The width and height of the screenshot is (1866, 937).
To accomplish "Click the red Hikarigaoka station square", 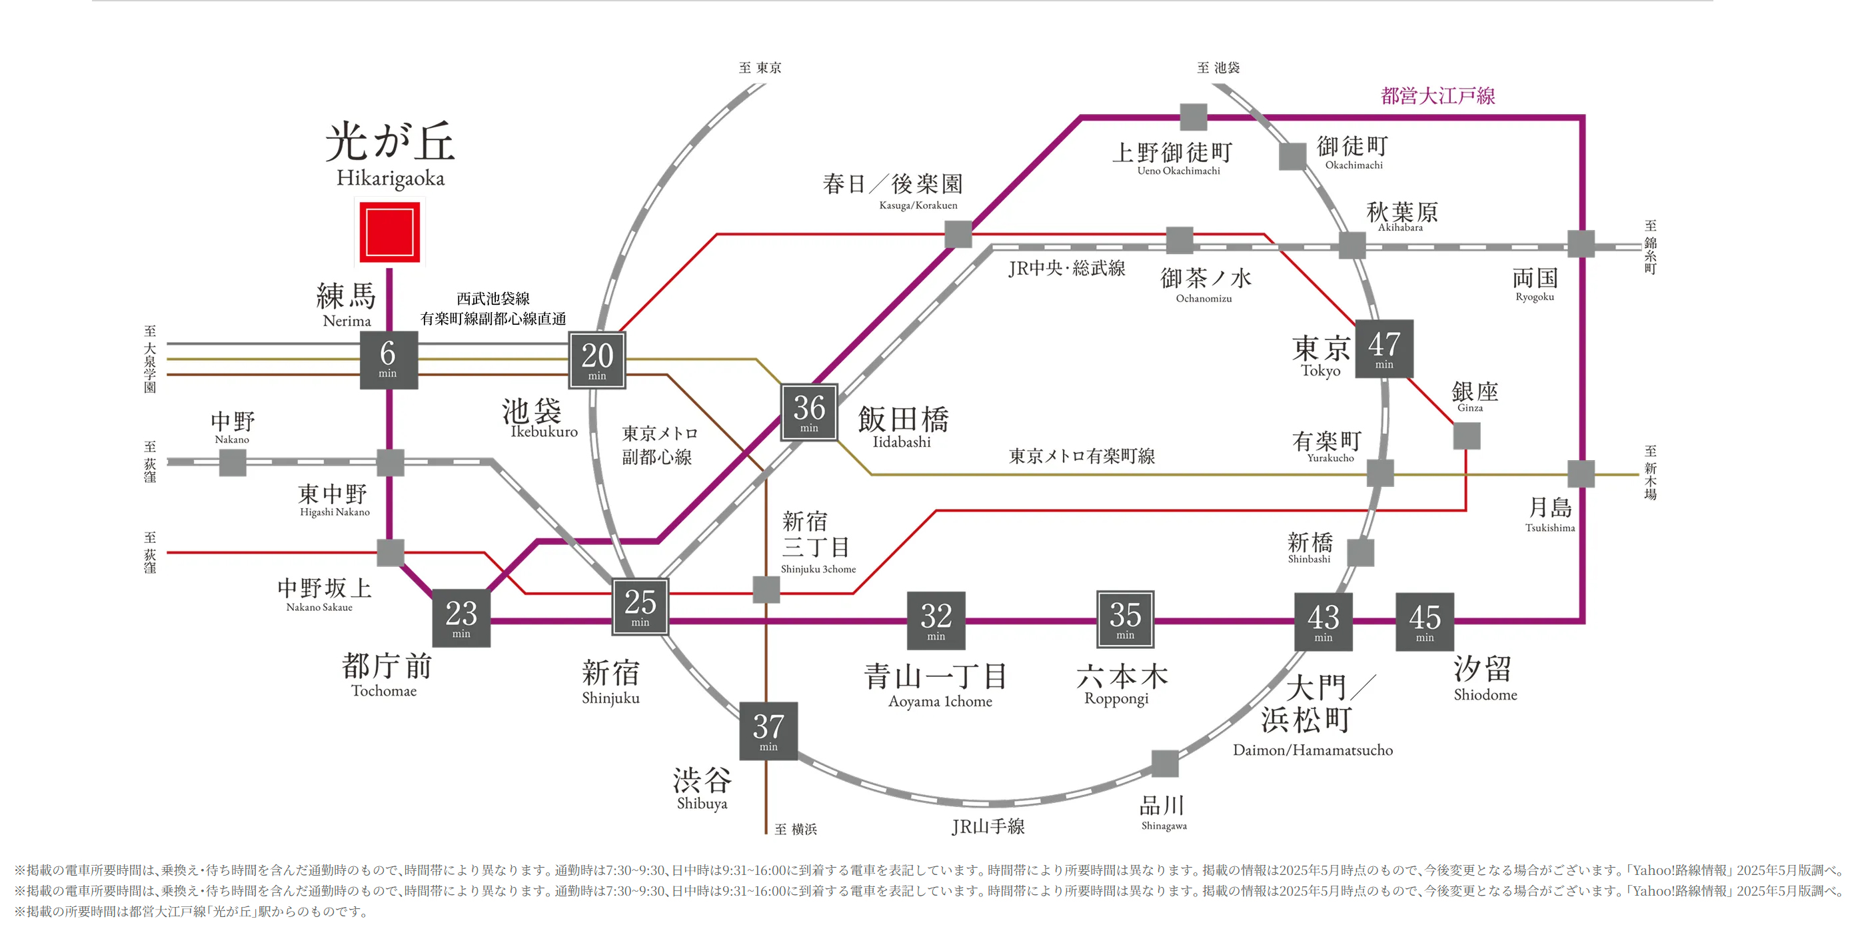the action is (x=390, y=232).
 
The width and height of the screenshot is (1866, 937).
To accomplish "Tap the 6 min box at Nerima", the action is (x=389, y=359).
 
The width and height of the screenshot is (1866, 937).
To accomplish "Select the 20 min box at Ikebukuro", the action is (x=597, y=360).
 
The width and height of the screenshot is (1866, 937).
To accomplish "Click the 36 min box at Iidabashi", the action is (x=809, y=412).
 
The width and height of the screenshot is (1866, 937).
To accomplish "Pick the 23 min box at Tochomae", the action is (x=461, y=618).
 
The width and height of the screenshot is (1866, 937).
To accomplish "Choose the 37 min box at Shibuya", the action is (x=768, y=731).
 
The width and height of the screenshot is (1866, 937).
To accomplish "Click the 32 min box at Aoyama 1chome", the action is (x=936, y=621).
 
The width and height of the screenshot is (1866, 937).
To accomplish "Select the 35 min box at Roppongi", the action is (x=1125, y=620).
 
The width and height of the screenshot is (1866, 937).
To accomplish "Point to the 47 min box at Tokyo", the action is (x=1384, y=349).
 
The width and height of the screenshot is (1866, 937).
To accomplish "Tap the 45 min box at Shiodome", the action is (x=1425, y=622).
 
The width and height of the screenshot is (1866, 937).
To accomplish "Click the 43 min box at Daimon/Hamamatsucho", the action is (x=1324, y=622).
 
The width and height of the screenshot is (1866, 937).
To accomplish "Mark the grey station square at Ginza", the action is (x=1467, y=436).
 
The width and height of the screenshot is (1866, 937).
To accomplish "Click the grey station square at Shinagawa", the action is (x=1165, y=764).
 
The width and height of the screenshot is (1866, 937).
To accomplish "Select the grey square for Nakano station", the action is (x=233, y=462).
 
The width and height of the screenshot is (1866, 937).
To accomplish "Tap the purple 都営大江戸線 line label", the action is (x=1438, y=95).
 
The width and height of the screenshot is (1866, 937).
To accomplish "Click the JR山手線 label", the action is (x=988, y=826).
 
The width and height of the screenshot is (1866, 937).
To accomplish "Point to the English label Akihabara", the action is (x=1400, y=227).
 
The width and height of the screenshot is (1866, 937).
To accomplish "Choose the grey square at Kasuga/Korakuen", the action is (x=958, y=234).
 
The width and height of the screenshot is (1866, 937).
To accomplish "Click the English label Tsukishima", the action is (x=1550, y=528).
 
